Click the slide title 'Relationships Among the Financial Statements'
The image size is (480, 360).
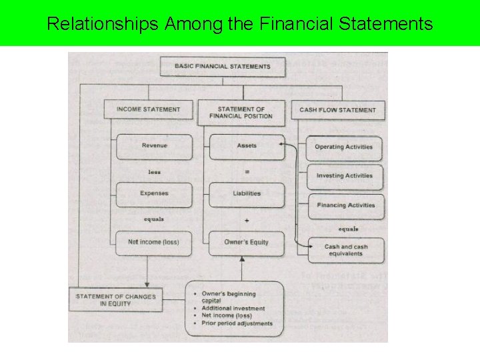click(240, 25)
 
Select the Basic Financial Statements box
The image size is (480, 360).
click(223, 67)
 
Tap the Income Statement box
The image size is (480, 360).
click(148, 109)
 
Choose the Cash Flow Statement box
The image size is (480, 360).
click(337, 109)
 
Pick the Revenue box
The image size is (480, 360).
click(154, 146)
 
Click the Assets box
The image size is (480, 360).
click(247, 146)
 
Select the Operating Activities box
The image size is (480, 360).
click(343, 147)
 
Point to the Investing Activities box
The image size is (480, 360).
click(344, 176)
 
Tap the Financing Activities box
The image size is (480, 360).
click(345, 205)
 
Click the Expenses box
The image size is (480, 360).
click(154, 193)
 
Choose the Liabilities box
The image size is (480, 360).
click(247, 193)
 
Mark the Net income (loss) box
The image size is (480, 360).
click(154, 242)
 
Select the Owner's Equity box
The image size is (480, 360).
click(247, 242)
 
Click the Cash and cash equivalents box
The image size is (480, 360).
click(346, 250)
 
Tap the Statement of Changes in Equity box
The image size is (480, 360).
click(116, 300)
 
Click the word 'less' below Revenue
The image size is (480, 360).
click(154, 171)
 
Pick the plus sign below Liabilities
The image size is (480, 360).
click(247, 219)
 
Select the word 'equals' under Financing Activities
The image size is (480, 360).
click(348, 229)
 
